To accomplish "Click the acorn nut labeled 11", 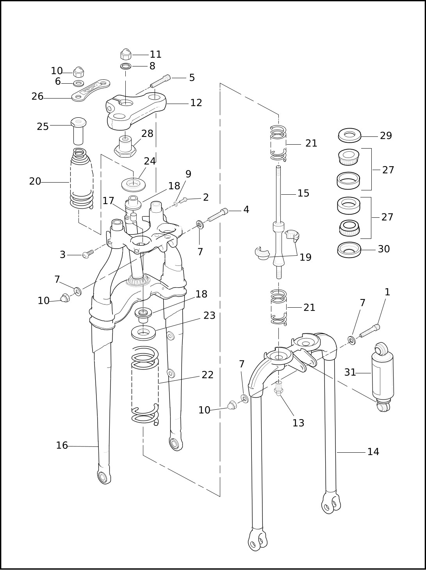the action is coord(126,54).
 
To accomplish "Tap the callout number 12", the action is coord(196,103).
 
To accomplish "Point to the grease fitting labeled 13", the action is coord(278,388).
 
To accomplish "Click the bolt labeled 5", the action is coord(161,81).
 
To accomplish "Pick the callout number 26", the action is coord(37,97).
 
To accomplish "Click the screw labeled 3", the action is coord(88,254).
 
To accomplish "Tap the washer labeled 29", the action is coord(350,135).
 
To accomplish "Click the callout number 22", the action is coord(207,375).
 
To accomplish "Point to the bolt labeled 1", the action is coord(370,331).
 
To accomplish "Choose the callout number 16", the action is coord(62,445).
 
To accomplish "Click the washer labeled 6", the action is coord(78,84).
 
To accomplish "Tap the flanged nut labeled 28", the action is coord(125,147).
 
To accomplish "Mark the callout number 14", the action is coord(373,452).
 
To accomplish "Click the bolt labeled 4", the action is coord(218,215).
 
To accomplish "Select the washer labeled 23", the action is coord(143,333).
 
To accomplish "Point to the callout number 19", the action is coord(305,257).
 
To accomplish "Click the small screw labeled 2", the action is coord(183,200).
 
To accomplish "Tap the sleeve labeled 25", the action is coord(78,131).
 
